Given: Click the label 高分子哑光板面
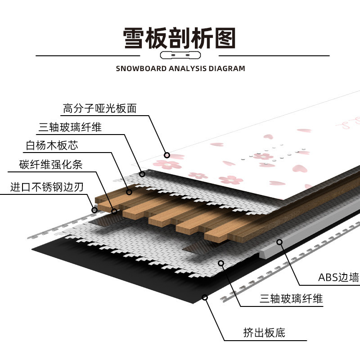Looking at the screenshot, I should [x=99, y=108].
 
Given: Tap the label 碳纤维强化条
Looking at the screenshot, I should [x=51, y=164].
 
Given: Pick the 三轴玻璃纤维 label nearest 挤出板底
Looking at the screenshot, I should [x=291, y=298].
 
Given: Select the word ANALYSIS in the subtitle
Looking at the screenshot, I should [x=188, y=69].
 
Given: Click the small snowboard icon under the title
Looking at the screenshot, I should [x=180, y=56].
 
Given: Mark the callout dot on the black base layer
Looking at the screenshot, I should [x=205, y=297].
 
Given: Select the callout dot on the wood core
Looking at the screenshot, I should [x=129, y=192].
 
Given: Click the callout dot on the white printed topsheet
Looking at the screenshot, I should [x=166, y=154].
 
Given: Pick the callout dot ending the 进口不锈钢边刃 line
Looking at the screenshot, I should [x=94, y=209].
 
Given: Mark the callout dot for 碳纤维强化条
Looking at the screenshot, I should [x=114, y=211].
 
